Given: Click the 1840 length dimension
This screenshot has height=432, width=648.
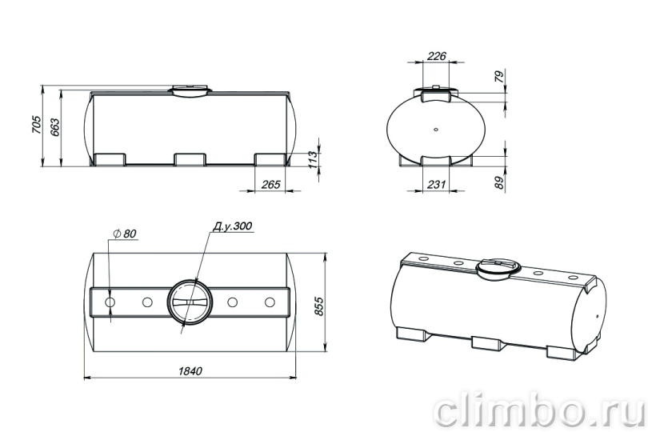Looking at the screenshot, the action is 190,371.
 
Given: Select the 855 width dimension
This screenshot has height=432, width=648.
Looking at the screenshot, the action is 319,306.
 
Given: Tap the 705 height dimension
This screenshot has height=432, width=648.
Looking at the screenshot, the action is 36,124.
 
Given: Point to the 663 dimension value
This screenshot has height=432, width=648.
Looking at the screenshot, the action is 54,127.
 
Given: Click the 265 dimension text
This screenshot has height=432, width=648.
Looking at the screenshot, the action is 270,184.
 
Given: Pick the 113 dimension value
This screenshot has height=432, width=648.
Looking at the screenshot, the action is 313,159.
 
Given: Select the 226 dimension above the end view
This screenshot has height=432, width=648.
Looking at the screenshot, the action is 436,56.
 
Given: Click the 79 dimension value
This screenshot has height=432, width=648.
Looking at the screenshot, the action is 500,77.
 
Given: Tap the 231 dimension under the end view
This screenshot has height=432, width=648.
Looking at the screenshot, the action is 436,184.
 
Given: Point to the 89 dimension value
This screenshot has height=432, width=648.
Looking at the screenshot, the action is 500,182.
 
